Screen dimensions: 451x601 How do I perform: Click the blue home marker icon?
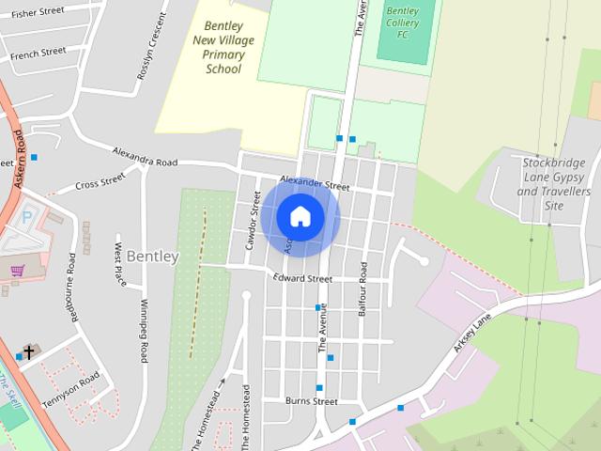click(300, 217)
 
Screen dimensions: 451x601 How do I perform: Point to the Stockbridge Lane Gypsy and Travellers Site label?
click(554, 183)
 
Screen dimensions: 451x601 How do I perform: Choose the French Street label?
click(39, 54)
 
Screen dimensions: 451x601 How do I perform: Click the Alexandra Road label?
click(145, 156)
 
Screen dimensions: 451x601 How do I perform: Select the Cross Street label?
click(100, 180)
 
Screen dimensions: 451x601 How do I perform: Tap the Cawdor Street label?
click(252, 219)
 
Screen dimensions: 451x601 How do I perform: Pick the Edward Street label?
click(302, 279)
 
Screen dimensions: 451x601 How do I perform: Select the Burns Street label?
click(311, 401)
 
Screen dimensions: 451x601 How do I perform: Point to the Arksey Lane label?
click(471, 333)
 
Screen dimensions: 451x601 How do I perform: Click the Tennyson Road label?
click(70, 390)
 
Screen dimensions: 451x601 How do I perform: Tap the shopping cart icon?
click(17, 271)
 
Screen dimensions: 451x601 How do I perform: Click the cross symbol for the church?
click(29, 352)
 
